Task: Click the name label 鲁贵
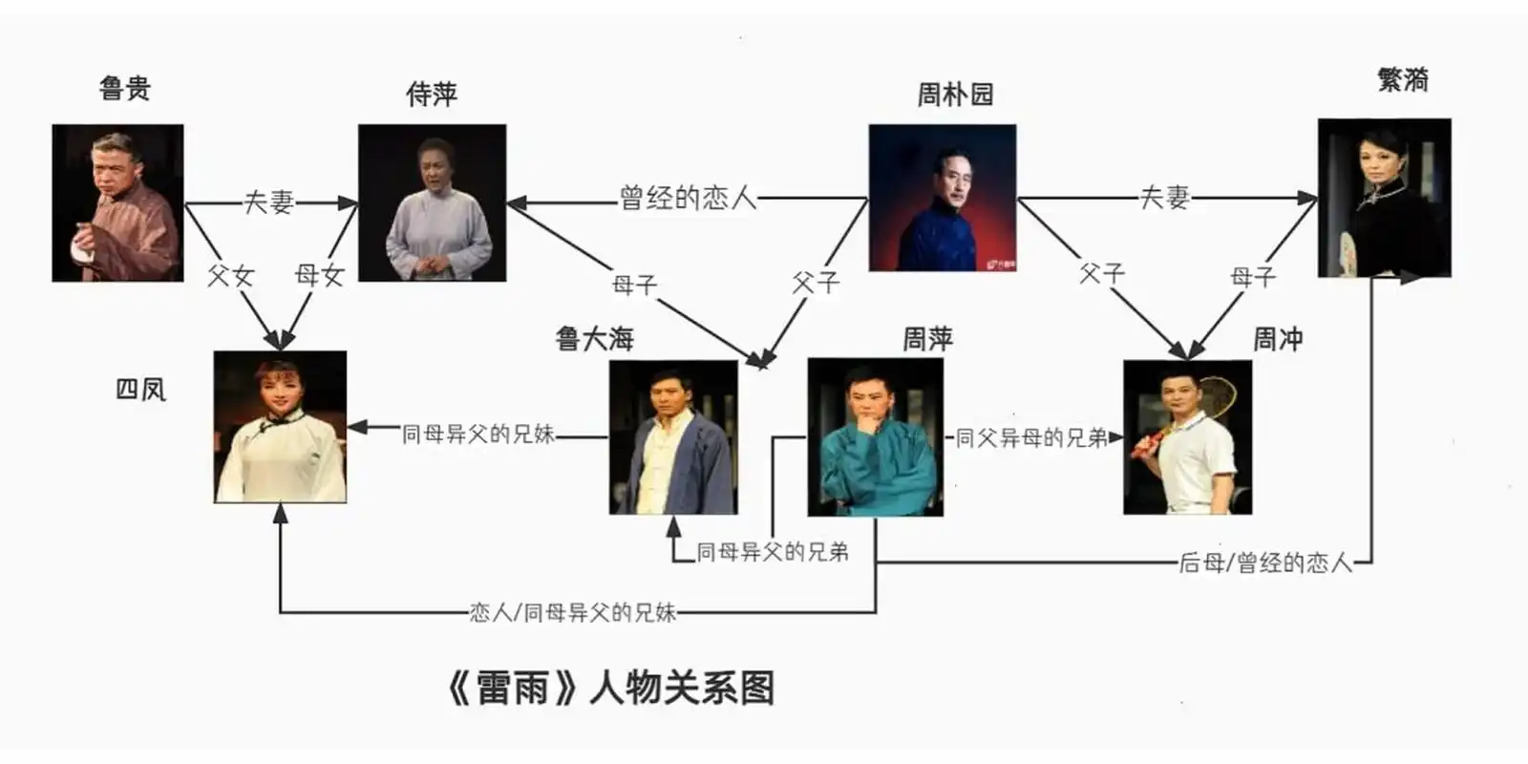point(125,89)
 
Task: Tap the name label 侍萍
point(432,95)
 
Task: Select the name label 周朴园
point(955,95)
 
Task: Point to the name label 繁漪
point(1403,80)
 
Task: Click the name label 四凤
point(140,390)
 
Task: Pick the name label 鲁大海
point(594,339)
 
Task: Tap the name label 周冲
point(1278,339)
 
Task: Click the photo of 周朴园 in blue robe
point(942,198)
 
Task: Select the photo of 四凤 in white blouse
point(280,427)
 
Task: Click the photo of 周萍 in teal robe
point(875,437)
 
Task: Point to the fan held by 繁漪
point(1348,252)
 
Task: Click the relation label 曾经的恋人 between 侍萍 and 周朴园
point(688,199)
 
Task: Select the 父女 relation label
point(230,276)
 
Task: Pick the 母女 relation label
point(319,276)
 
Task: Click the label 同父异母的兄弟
point(1031,438)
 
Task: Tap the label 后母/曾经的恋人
point(1265,563)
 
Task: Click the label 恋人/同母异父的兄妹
point(572,613)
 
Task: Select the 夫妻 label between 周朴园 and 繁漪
point(1165,198)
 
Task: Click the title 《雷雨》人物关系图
point(610,689)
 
